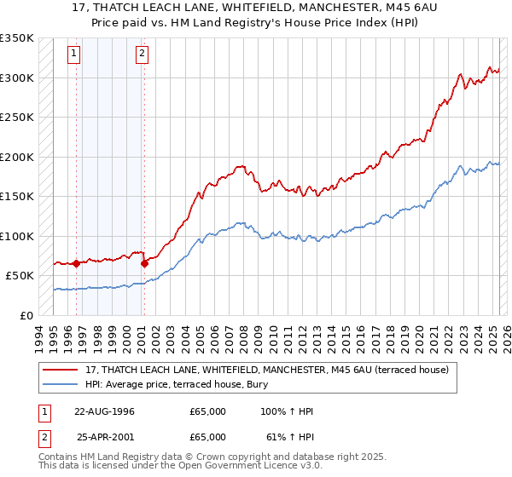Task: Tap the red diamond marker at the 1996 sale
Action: [76, 263]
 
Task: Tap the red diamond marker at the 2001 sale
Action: [144, 263]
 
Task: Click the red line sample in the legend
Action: [61, 370]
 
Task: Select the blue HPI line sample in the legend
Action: [61, 384]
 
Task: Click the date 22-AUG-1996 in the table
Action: [105, 411]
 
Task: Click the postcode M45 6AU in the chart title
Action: [397, 9]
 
